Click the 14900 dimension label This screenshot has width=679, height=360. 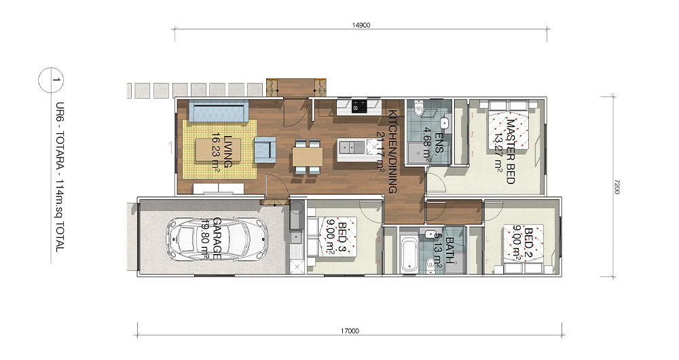(x=361, y=25)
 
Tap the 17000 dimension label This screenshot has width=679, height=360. (x=350, y=331)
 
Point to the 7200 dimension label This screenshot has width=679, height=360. (x=617, y=187)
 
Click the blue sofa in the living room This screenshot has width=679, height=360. (x=219, y=111)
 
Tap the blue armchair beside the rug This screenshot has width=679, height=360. (x=265, y=150)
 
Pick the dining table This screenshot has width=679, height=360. (x=308, y=156)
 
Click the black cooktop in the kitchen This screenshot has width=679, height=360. (x=360, y=105)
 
